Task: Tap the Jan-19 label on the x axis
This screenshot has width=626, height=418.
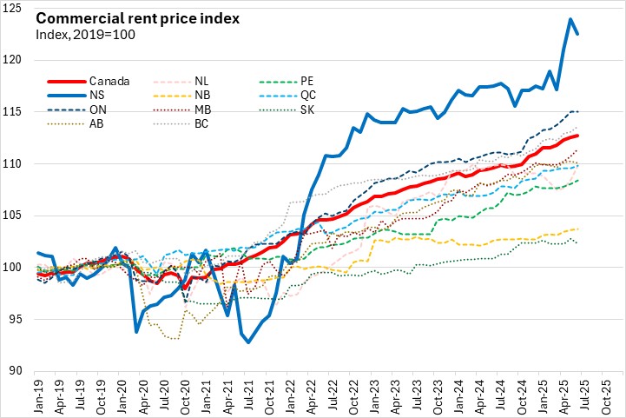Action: click(x=39, y=395)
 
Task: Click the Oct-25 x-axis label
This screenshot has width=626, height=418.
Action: click(x=612, y=395)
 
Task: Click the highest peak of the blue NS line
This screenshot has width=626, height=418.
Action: click(x=570, y=18)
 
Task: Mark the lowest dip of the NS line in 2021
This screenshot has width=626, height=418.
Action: click(x=248, y=342)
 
